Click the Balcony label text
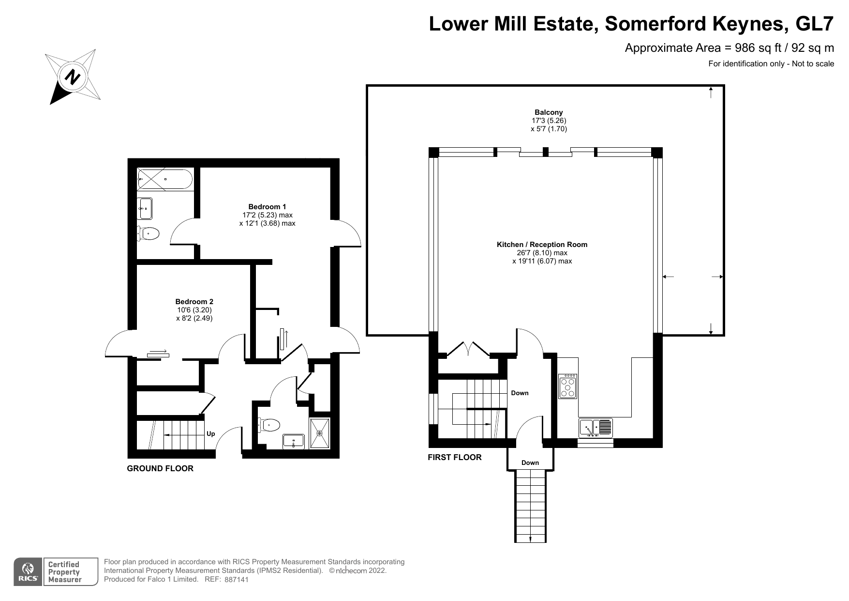click(x=549, y=112)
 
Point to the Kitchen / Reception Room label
click(x=542, y=245)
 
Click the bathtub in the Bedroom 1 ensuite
click(x=165, y=179)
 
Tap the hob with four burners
click(x=568, y=386)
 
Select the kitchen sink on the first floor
click(x=596, y=428)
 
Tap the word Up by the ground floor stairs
click(x=211, y=434)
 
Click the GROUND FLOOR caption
click(x=160, y=468)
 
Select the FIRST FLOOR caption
click(x=455, y=457)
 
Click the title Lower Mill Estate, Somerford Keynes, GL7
click(x=632, y=24)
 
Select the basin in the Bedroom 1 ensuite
click(x=145, y=208)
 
